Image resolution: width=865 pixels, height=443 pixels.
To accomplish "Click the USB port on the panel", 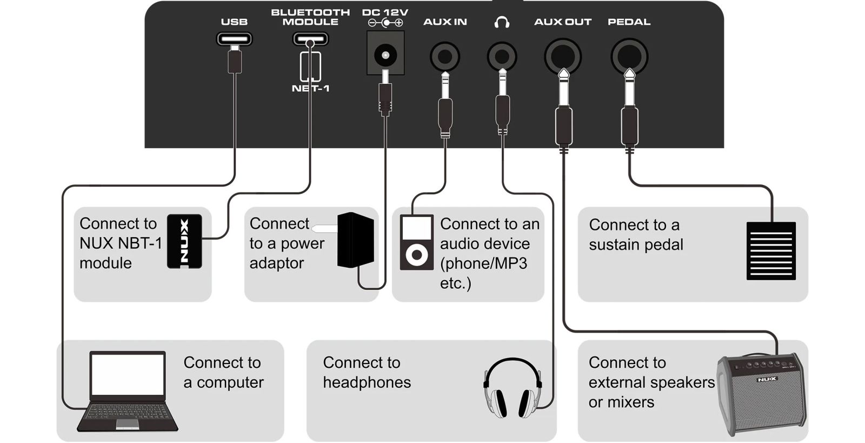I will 234,39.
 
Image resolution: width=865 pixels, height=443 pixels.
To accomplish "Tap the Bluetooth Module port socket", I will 310,39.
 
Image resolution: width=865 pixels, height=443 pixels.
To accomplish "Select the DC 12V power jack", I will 385,54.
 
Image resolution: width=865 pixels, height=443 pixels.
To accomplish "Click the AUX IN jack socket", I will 445,56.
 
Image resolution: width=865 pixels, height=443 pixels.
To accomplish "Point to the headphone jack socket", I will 502,56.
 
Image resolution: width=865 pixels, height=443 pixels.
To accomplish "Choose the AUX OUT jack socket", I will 563,56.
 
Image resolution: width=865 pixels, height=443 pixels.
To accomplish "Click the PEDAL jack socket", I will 629,56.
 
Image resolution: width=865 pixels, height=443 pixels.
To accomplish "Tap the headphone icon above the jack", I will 502,22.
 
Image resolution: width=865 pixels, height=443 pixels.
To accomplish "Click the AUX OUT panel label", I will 563,22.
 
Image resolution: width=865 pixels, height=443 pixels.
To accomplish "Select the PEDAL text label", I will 629,22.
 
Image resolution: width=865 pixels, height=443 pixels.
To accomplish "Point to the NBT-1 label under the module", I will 310,88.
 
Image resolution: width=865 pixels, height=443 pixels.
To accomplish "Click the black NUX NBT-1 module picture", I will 184,241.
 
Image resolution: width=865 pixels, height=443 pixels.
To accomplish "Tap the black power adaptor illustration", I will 355,240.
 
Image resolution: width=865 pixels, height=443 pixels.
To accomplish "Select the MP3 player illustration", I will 416,242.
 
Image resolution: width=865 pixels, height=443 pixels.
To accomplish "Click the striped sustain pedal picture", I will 770,250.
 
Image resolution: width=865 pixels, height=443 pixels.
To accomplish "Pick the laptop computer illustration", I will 128,391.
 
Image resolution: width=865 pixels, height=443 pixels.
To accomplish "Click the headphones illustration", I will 512,387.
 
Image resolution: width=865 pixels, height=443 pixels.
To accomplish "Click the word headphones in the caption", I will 367,382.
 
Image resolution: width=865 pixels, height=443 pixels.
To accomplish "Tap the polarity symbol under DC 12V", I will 385,23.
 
